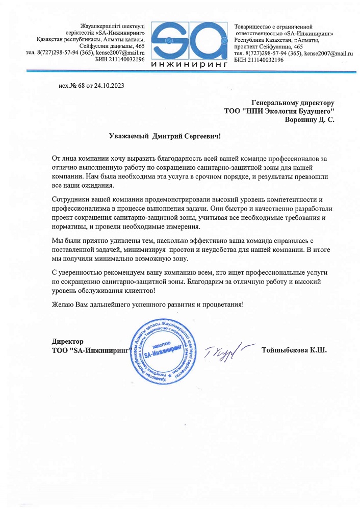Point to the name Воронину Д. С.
pyautogui.click(x=309, y=120)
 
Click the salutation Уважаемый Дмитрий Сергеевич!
pyautogui.click(x=166, y=136)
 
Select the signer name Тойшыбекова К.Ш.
pyautogui.click(x=293, y=350)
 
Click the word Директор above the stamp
pyautogui.click(x=68, y=341)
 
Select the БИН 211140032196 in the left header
pyautogui.click(x=120, y=60)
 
